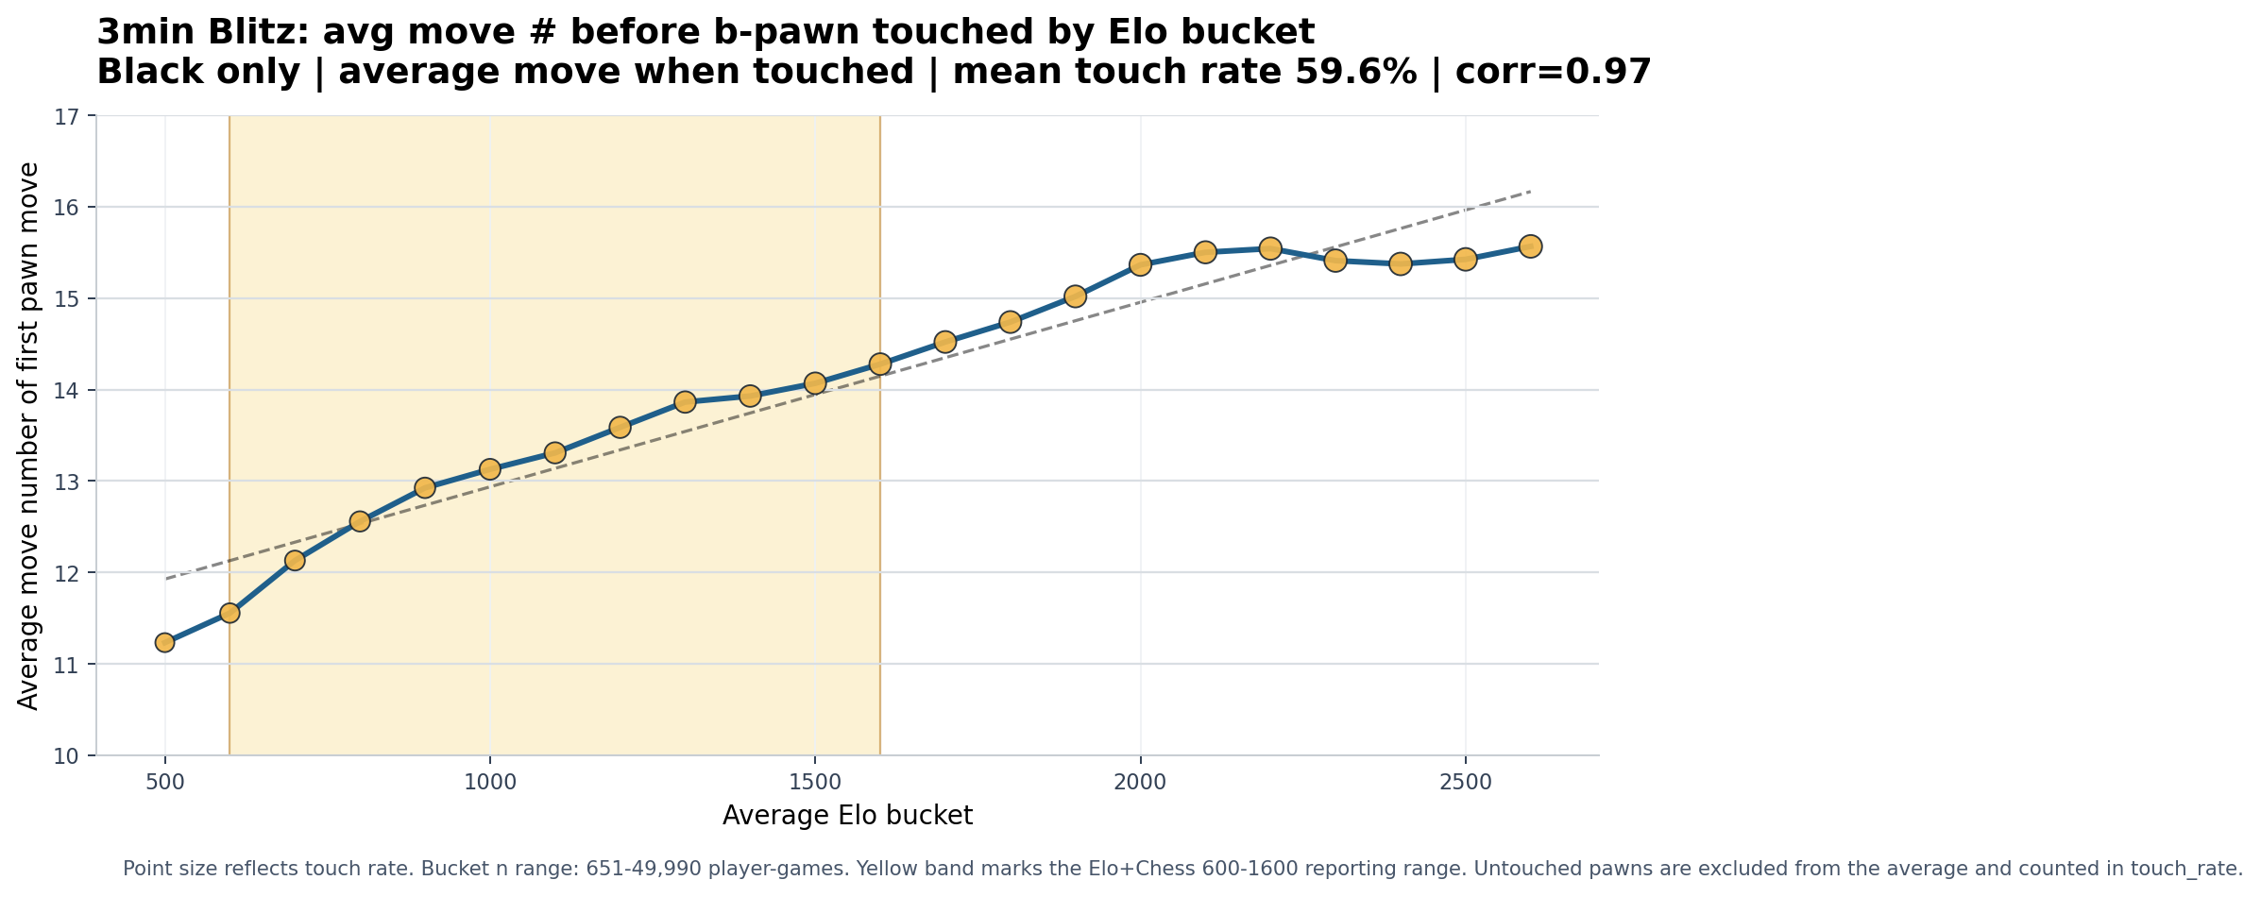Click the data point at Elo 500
pyautogui.click(x=164, y=643)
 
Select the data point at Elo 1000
pyautogui.click(x=489, y=469)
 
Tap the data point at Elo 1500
pyautogui.click(x=815, y=382)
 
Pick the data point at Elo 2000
pyautogui.click(x=1140, y=264)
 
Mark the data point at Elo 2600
pyautogui.click(x=1530, y=245)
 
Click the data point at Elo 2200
pyautogui.click(x=1270, y=248)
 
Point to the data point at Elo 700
pyautogui.click(x=295, y=561)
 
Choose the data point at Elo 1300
pyautogui.click(x=685, y=402)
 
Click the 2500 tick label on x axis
pyautogui.click(x=1465, y=783)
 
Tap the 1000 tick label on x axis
pyautogui.click(x=489, y=783)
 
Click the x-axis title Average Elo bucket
pyautogui.click(x=847, y=816)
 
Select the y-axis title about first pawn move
pyautogui.click(x=28, y=436)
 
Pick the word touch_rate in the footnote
pyautogui.click(x=2188, y=869)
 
